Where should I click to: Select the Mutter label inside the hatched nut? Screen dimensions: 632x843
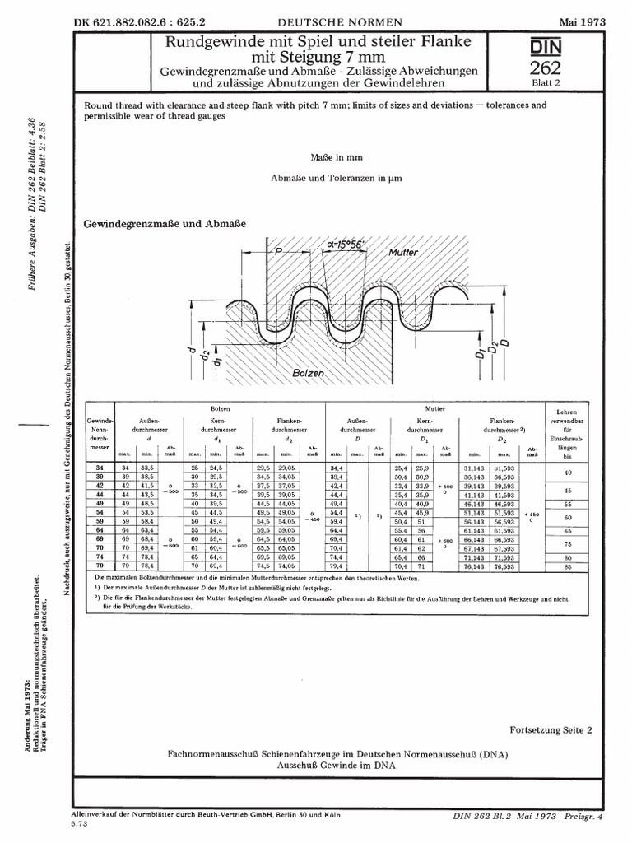click(405, 253)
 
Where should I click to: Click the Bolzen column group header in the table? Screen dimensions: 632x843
click(220, 408)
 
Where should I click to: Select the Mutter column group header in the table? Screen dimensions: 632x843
click(434, 408)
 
